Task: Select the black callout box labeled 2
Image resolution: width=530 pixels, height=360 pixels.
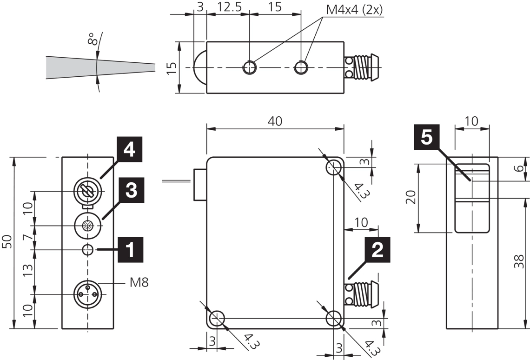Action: point(377,250)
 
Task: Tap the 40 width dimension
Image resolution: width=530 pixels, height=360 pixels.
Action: point(275,121)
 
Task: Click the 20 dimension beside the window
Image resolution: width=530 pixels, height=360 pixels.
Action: point(410,198)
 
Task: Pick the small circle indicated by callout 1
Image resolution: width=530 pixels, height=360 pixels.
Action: point(87,250)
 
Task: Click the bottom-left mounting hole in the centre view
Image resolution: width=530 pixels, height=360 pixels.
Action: point(216,319)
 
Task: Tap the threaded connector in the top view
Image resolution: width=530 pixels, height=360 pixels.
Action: point(362,67)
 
